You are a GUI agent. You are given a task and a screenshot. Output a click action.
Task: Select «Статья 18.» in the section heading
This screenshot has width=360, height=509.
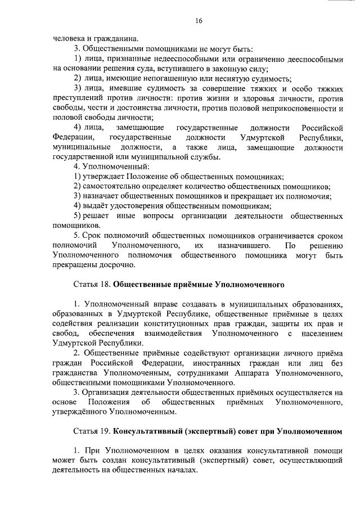pyautogui.click(x=91, y=285)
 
